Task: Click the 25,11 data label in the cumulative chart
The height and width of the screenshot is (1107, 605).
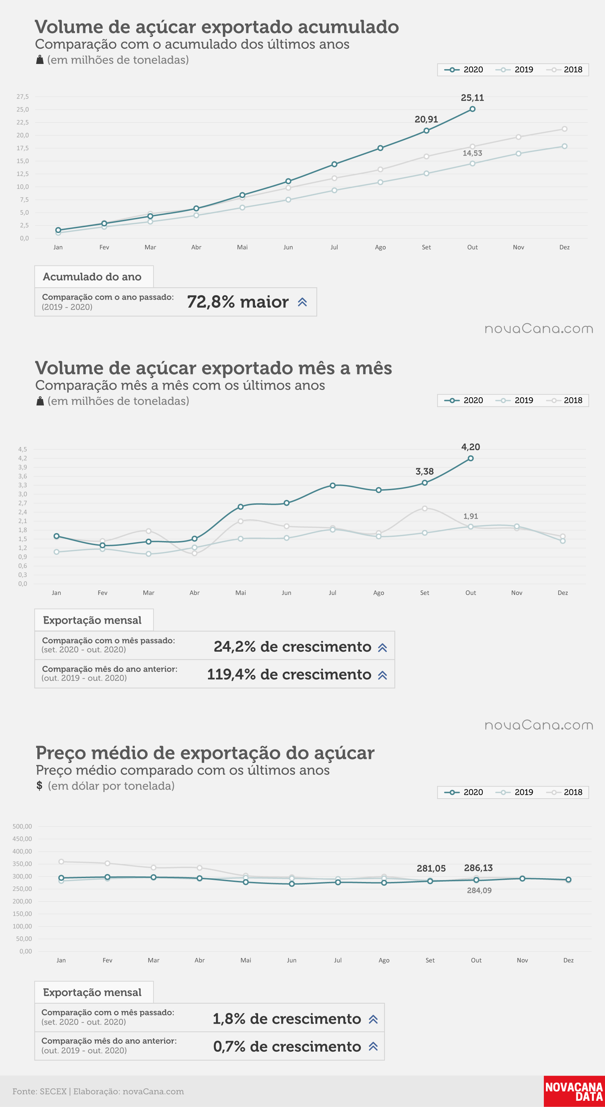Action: point(472,97)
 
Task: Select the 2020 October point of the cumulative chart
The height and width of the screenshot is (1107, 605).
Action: point(472,109)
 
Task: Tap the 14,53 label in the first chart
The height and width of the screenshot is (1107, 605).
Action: point(472,153)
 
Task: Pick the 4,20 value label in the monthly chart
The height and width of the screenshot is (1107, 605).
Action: point(471,447)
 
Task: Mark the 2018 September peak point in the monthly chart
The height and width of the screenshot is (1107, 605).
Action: point(425,508)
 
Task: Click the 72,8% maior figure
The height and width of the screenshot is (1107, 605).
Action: point(238,302)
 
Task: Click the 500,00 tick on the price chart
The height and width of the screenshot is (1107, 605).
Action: point(22,826)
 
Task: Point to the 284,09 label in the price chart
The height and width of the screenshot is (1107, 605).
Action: point(479,891)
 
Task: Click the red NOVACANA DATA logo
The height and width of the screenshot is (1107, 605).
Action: point(574,1091)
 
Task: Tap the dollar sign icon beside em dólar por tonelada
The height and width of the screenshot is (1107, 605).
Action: point(39,785)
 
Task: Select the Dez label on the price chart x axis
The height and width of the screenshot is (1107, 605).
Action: point(568,960)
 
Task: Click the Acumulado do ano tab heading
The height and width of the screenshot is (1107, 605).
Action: point(92,277)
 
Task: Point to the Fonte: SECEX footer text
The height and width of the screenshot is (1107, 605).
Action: point(39,1091)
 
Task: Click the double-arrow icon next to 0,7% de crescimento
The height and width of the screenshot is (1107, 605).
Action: point(373,1046)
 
